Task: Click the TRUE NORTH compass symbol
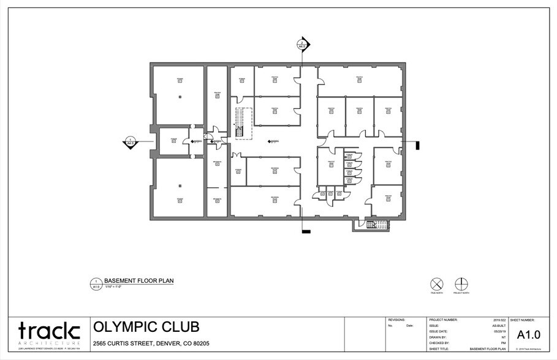click(x=436, y=284)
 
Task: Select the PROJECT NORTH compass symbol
click(x=461, y=284)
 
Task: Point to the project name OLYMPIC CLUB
click(x=146, y=327)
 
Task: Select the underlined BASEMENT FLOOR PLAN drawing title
click(x=138, y=281)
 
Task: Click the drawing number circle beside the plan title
click(x=96, y=283)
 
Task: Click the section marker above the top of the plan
click(x=301, y=45)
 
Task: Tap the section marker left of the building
click(x=131, y=142)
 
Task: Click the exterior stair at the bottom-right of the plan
click(x=371, y=225)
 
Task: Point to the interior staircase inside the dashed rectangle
click(x=240, y=122)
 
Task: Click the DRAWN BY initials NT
click(x=503, y=337)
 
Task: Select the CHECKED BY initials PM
click(x=503, y=343)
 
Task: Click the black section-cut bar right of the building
click(x=417, y=145)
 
